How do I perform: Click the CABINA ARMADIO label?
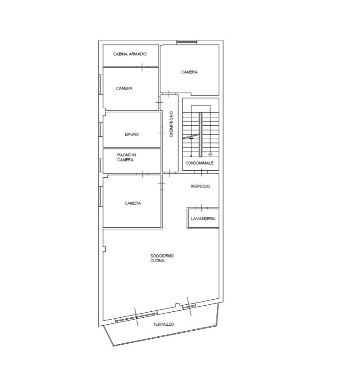(x=130, y=54)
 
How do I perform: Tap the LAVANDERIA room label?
(x=203, y=219)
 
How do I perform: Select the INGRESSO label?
(x=200, y=186)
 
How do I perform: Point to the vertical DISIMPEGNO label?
(x=171, y=124)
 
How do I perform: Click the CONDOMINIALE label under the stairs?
(x=199, y=163)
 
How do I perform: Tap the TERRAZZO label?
(x=164, y=324)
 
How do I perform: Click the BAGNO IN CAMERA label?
(x=126, y=157)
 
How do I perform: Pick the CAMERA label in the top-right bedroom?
(x=189, y=72)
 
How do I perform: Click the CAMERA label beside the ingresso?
(x=133, y=203)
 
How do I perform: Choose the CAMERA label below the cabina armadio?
(x=124, y=88)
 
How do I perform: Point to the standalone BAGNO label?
(x=132, y=135)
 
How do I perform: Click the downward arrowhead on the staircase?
(x=210, y=154)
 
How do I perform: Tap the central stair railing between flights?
(x=200, y=135)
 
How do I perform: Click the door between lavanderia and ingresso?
(x=202, y=208)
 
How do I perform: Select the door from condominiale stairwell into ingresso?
(x=201, y=172)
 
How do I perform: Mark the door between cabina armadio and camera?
(x=142, y=67)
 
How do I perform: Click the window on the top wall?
(x=187, y=42)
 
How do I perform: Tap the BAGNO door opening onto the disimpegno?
(x=161, y=133)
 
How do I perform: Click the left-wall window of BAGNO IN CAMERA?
(x=101, y=165)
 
